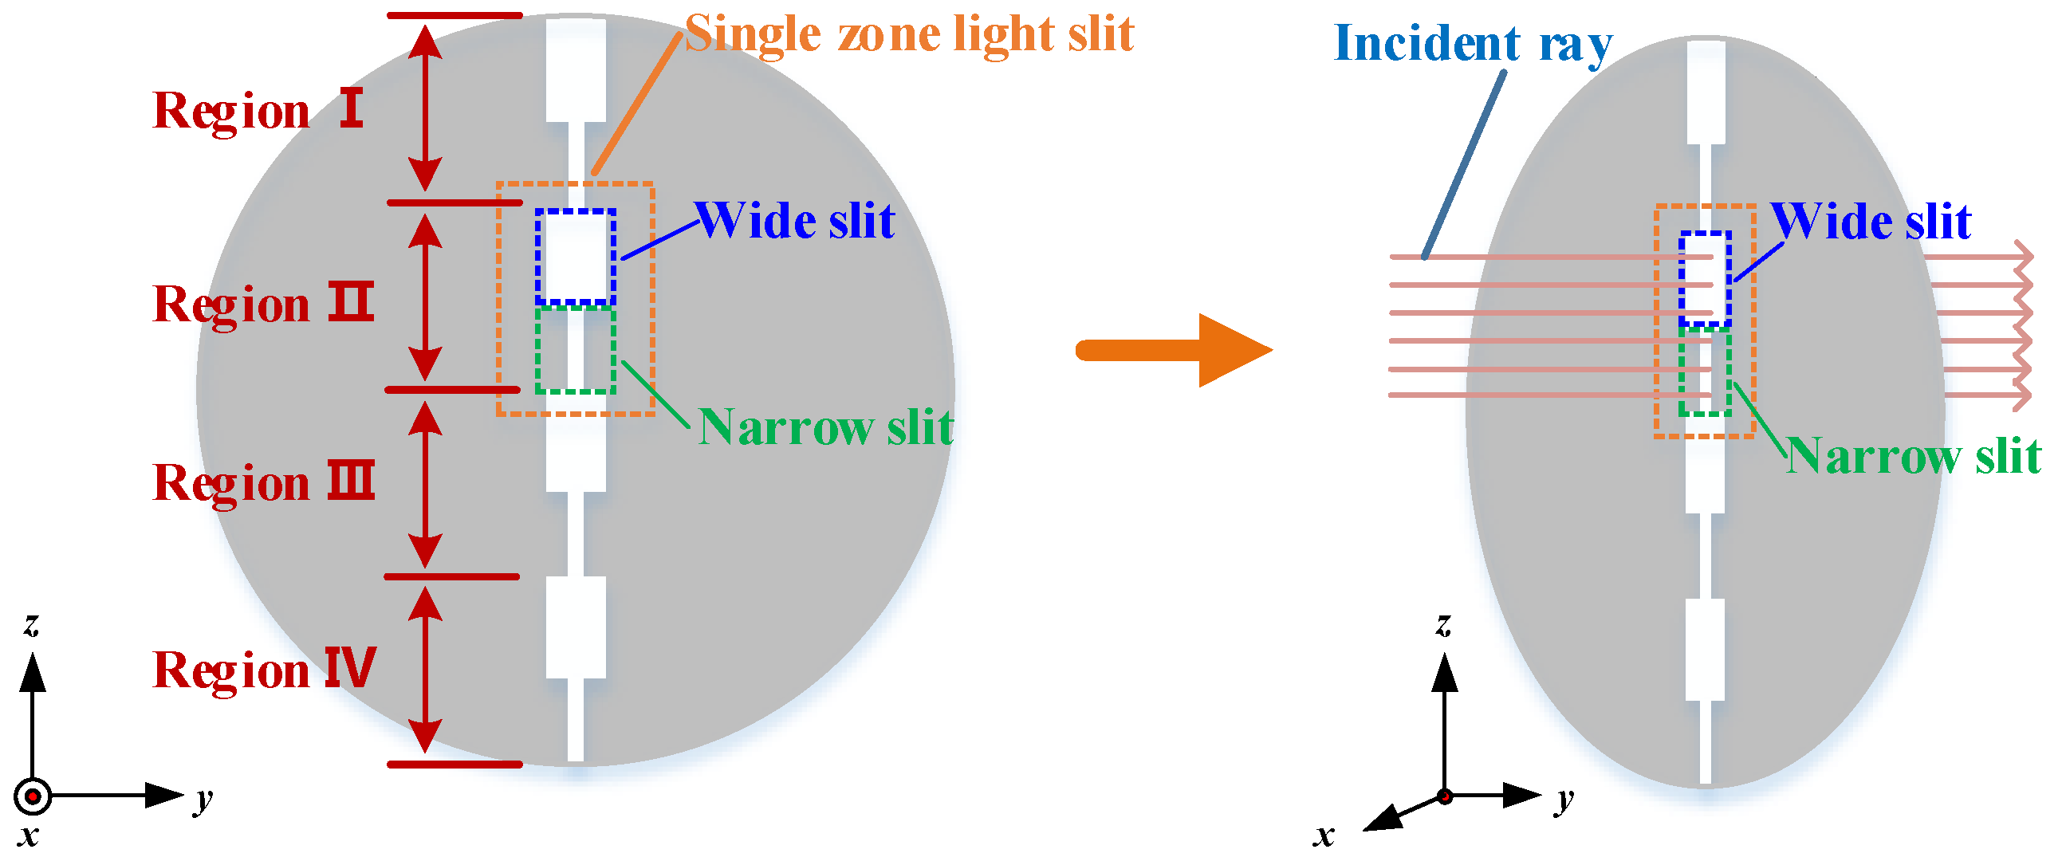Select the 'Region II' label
point(262,305)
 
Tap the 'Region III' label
point(262,483)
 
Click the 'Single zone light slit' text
point(909,34)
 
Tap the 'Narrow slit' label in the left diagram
point(824,427)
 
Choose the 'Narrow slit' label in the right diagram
point(1913,457)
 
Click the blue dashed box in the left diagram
point(576,257)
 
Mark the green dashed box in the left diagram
point(576,350)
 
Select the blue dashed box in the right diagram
point(1705,278)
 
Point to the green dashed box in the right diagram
point(1705,372)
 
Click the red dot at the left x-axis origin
point(33,796)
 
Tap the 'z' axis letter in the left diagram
point(31,624)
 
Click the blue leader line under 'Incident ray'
point(1464,164)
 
